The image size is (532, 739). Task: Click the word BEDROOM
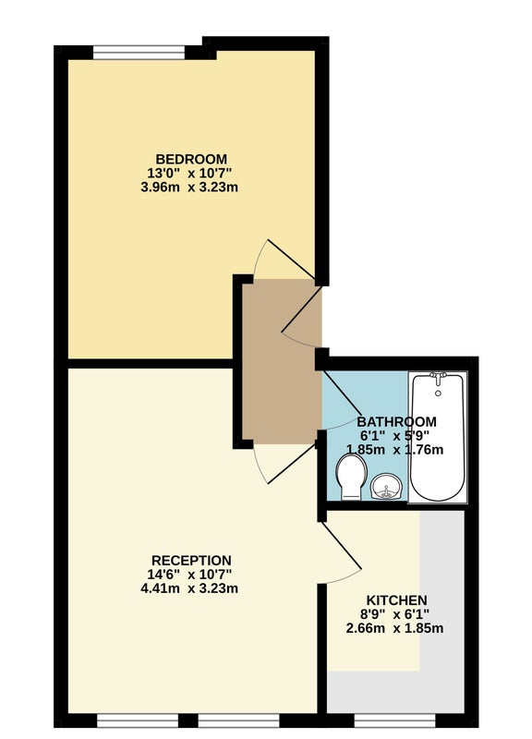point(191,159)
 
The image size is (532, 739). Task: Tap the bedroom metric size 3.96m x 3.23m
point(189,188)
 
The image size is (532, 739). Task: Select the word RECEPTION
point(191,561)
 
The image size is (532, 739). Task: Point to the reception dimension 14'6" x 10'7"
point(189,575)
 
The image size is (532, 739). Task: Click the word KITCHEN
point(397,600)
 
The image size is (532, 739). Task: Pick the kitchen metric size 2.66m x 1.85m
point(395,628)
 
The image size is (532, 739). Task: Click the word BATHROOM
point(397,421)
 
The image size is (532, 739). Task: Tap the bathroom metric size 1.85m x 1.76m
point(395,450)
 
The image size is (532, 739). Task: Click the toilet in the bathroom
point(352,476)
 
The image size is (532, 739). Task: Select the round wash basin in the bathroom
point(386,486)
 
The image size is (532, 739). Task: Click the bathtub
point(438,437)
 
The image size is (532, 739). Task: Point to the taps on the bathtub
point(438,377)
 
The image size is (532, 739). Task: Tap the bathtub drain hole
point(438,394)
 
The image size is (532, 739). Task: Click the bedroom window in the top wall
point(139,53)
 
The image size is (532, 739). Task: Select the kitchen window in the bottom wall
point(395,721)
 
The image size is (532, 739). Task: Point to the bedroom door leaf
point(292,260)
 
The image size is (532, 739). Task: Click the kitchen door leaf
point(342,547)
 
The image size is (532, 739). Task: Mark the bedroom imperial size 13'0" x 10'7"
point(189,173)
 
